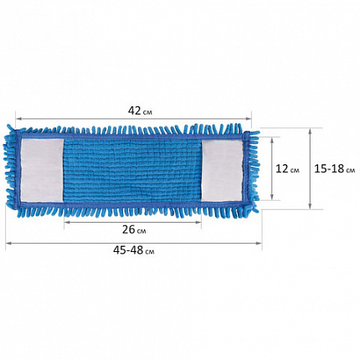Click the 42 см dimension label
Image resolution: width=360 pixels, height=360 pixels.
(x=140, y=111)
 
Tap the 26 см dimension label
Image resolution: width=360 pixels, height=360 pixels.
(x=134, y=229)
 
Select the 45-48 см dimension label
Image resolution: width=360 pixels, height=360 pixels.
(x=134, y=250)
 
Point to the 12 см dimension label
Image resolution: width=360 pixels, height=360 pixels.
(x=287, y=168)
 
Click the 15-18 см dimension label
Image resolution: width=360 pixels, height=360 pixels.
(x=335, y=168)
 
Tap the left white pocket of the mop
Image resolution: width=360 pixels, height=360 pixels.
(x=42, y=170)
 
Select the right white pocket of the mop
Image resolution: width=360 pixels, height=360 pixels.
(x=222, y=170)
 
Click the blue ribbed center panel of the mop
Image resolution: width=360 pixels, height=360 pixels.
(x=132, y=170)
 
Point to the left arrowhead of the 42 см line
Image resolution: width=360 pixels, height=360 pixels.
(x=18, y=119)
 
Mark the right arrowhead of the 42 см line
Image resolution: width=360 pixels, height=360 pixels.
(x=249, y=119)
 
